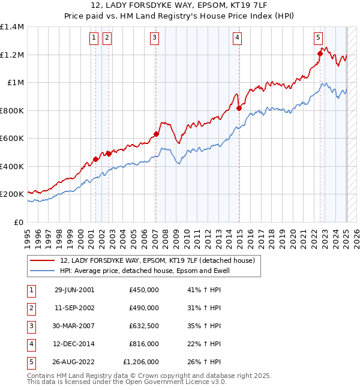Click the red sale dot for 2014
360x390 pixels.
(239, 109)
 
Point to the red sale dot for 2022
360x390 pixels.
(320, 54)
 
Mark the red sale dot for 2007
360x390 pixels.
(156, 134)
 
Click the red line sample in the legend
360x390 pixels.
(42, 260)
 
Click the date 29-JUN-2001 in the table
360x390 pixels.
(74, 290)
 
